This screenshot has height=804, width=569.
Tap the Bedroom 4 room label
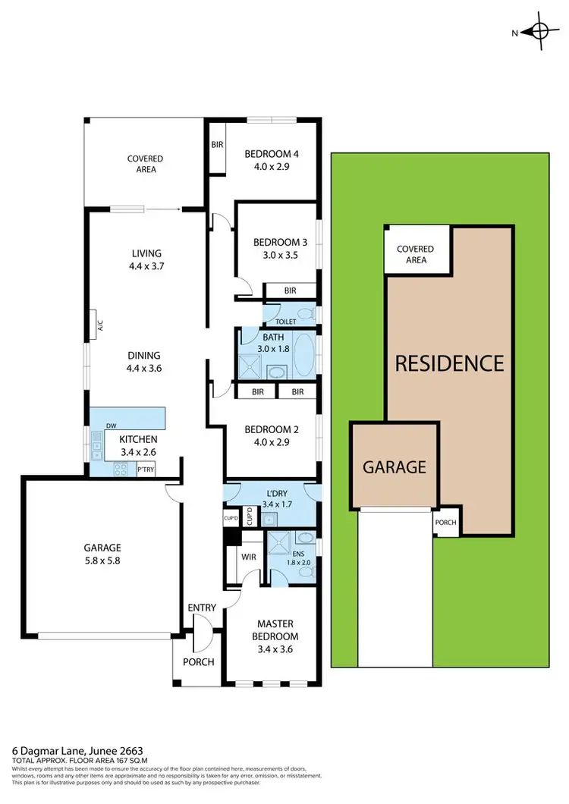[271, 154]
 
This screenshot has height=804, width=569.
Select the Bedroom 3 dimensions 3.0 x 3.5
[280, 256]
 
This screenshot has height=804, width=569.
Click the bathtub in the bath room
[303, 355]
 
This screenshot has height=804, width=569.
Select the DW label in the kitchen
[112, 426]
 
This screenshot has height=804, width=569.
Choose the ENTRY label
[203, 608]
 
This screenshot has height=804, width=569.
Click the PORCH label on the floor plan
[199, 661]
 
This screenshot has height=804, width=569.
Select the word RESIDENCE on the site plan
[449, 363]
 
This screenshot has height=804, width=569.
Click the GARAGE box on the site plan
[394, 466]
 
